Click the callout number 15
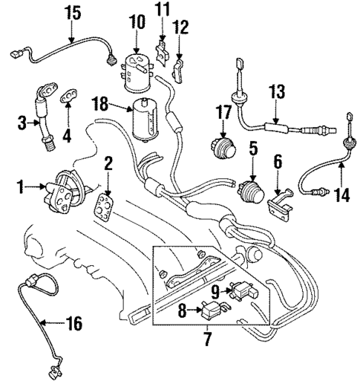71,13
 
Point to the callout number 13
276,91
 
